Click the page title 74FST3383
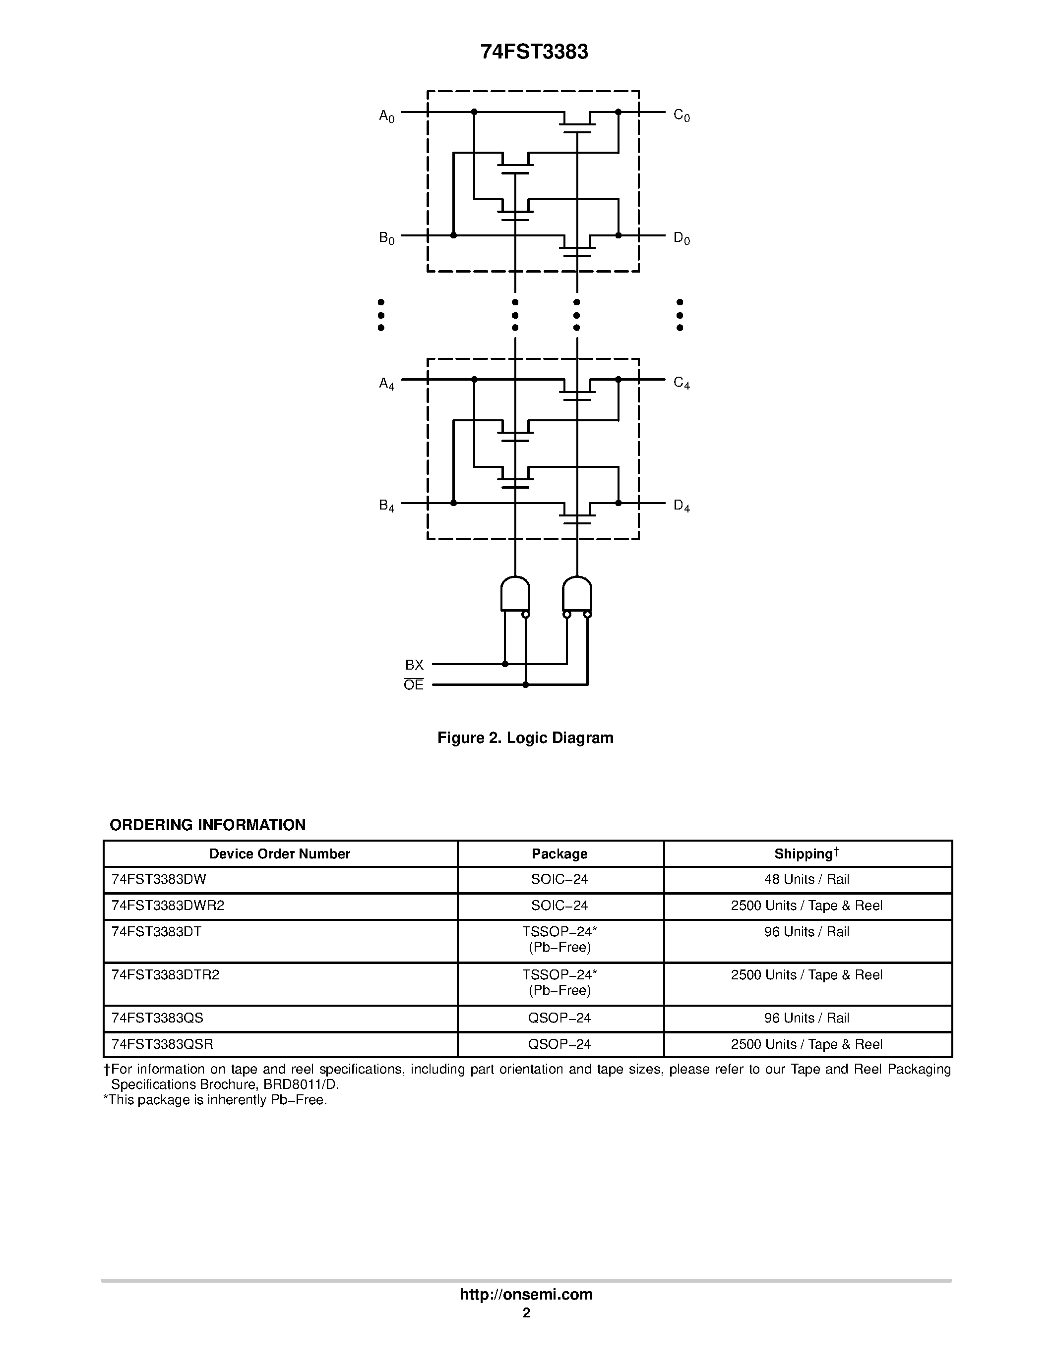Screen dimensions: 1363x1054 point(534,52)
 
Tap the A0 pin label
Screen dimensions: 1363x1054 point(386,116)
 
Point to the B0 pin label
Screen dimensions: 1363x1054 point(386,238)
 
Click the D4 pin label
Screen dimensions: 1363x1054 point(681,506)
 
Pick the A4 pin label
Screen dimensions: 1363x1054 point(386,384)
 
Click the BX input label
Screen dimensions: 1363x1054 point(414,665)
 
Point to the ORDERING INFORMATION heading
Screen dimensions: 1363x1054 point(207,825)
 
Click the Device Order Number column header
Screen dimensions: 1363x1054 point(280,854)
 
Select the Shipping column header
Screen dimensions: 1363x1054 point(806,854)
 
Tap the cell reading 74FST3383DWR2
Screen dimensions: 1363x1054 point(167,906)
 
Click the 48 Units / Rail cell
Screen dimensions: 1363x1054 point(806,879)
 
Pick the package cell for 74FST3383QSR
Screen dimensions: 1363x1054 point(559,1044)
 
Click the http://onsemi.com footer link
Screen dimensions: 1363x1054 point(526,1294)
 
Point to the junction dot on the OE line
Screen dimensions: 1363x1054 point(526,684)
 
